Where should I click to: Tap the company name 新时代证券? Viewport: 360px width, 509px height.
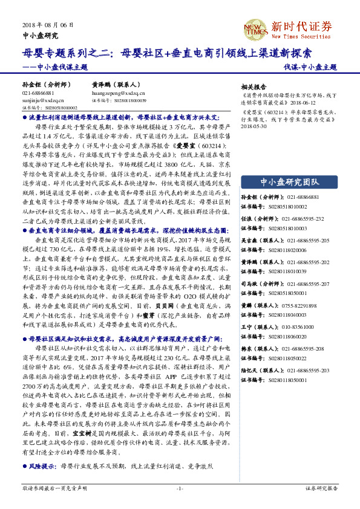point(302,26)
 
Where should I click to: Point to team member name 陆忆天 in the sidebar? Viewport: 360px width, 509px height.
point(250,370)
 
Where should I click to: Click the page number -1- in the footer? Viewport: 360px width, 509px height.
point(180,487)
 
